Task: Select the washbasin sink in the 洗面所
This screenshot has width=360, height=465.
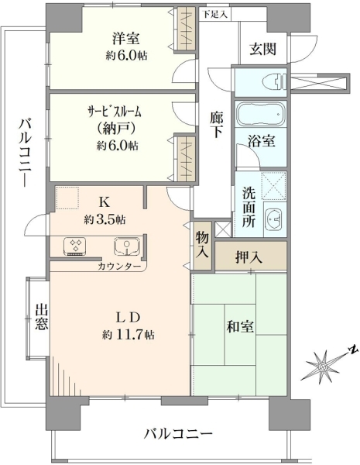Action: [274, 219]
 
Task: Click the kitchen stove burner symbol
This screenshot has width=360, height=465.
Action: [74, 246]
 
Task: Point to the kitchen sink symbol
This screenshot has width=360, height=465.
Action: [127, 246]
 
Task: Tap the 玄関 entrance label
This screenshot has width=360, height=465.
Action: [262, 50]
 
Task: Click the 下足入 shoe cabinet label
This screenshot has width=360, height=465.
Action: [215, 15]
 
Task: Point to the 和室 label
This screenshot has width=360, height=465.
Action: [240, 326]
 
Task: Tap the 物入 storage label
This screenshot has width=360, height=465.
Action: [202, 246]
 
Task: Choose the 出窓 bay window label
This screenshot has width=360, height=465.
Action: [42, 317]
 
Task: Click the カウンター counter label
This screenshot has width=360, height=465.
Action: [119, 267]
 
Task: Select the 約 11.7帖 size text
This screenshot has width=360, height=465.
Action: [128, 335]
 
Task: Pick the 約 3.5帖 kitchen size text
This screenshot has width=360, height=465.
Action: [105, 220]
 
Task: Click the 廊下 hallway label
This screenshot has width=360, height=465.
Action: [217, 125]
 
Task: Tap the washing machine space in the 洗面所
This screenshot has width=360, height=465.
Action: [274, 185]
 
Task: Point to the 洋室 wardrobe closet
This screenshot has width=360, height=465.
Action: [187, 28]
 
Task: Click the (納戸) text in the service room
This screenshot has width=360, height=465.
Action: [116, 129]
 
